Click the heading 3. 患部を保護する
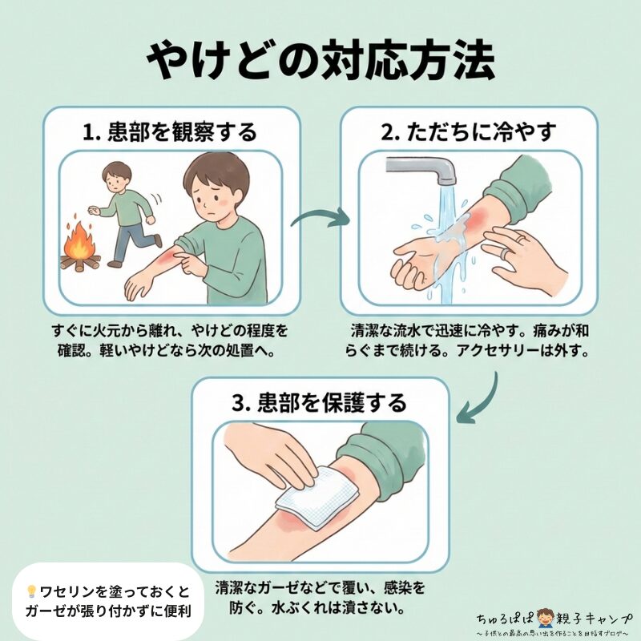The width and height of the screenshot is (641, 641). [x=320, y=401]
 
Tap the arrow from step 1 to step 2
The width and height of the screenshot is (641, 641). [x=320, y=218]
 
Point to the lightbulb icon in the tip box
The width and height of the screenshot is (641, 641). [x=31, y=592]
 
